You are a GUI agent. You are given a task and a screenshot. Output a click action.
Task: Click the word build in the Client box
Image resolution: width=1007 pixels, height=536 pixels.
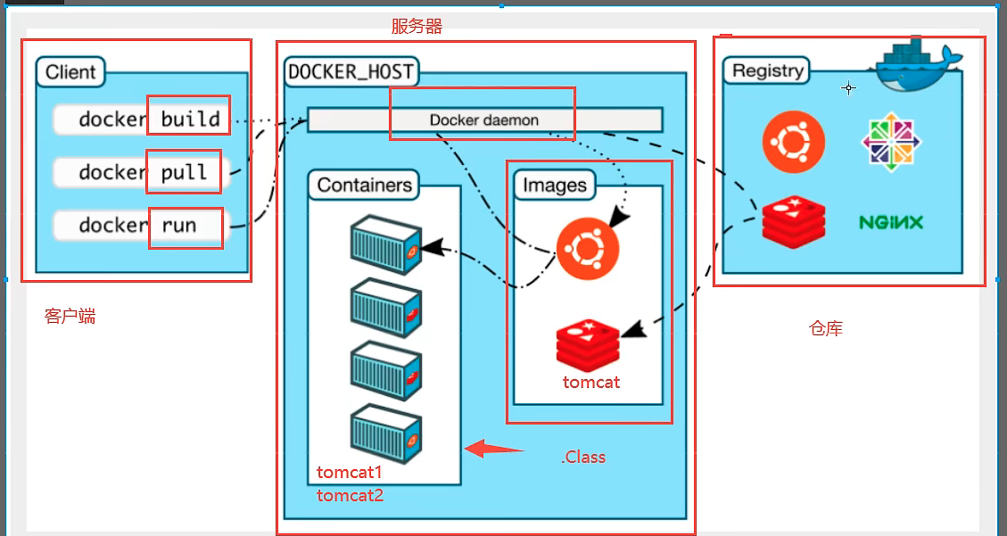pyautogui.click(x=190, y=119)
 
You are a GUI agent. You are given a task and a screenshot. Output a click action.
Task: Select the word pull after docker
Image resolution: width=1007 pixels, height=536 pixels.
pyautogui.click(x=184, y=172)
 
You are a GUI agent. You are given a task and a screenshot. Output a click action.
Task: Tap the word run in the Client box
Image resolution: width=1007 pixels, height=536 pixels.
pyautogui.click(x=178, y=226)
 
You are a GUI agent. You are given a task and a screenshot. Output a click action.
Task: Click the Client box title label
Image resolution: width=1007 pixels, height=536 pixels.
pyautogui.click(x=70, y=72)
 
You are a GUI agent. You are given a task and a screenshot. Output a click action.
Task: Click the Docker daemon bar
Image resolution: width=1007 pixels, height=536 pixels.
pyautogui.click(x=484, y=120)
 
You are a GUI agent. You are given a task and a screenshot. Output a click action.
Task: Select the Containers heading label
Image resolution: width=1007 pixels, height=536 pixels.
pyautogui.click(x=365, y=186)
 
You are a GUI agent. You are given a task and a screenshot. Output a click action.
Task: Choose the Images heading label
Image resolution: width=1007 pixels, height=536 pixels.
pyautogui.click(x=555, y=186)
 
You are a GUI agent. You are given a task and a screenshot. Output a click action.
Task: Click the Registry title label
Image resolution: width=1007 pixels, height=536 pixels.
pyautogui.click(x=767, y=70)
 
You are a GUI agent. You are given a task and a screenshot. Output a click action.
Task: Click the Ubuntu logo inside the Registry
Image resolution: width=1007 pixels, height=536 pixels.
pyautogui.click(x=793, y=143)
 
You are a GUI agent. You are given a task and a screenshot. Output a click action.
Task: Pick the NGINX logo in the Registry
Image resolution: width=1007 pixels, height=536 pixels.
pyautogui.click(x=890, y=222)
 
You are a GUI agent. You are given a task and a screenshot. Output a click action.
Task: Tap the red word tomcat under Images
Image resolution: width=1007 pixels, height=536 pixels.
pyautogui.click(x=590, y=383)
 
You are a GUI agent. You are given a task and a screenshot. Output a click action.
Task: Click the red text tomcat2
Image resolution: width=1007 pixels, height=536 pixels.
pyautogui.click(x=350, y=495)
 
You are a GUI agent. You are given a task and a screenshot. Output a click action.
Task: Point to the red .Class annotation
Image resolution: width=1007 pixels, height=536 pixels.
pyautogui.click(x=583, y=458)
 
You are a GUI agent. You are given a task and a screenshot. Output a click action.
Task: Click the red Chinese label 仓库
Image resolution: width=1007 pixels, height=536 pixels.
pyautogui.click(x=825, y=329)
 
